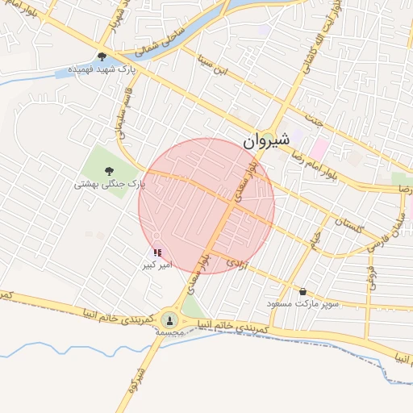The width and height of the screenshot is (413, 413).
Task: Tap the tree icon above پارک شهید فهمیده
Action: coord(102,56)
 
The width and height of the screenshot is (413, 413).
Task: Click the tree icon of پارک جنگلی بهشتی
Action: coord(109,170)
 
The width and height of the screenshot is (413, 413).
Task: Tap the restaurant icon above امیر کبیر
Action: coord(156,252)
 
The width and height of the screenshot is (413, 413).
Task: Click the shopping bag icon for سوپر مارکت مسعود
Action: coord(302,291)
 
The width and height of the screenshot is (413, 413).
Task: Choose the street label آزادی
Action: coord(235,263)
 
